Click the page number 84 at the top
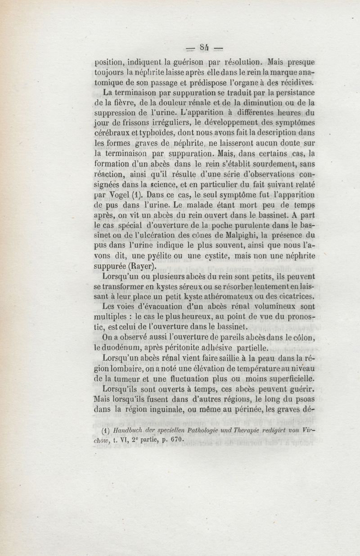205,47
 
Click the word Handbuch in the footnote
128,430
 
